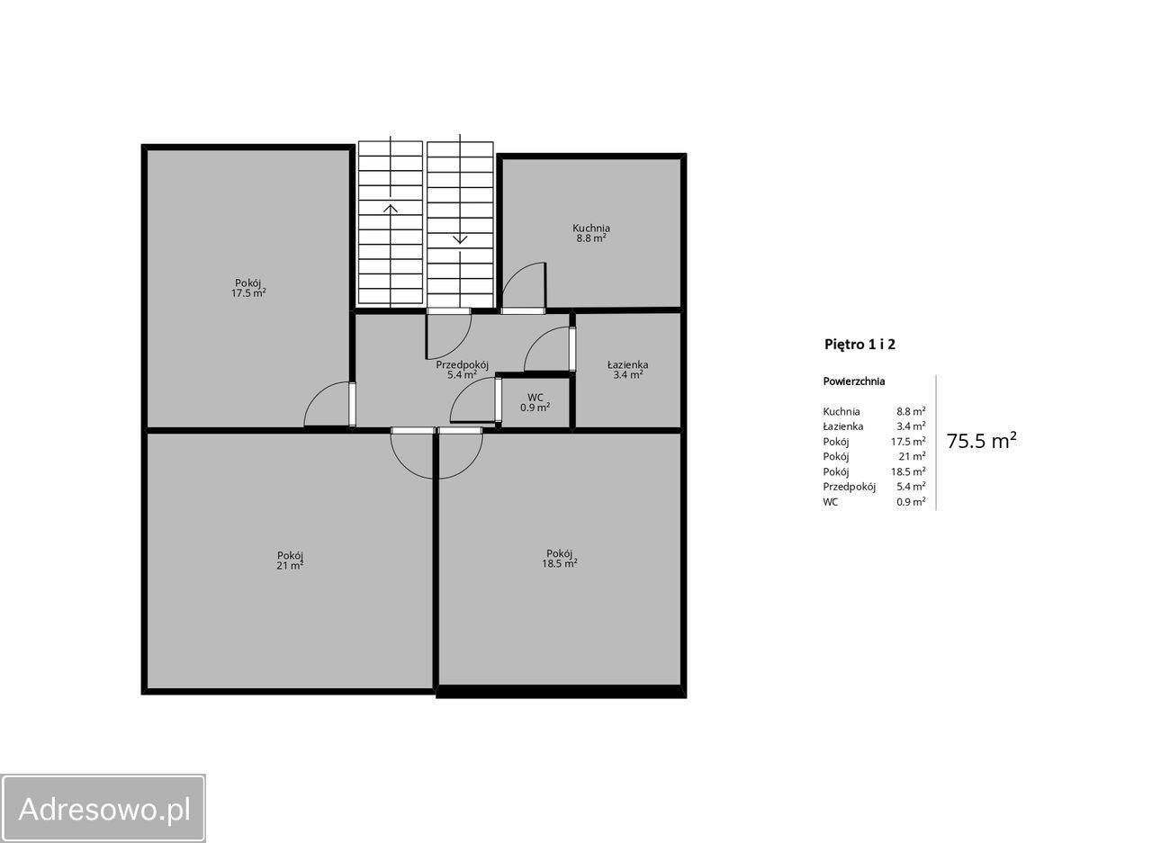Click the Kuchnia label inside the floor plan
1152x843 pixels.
(x=591, y=233)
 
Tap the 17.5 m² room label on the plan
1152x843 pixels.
(x=248, y=288)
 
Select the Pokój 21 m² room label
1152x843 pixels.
(x=290, y=561)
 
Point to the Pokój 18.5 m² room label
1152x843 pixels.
(x=560, y=558)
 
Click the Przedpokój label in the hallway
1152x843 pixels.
(x=462, y=370)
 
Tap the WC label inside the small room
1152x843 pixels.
(x=535, y=402)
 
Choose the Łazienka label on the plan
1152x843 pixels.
(x=627, y=370)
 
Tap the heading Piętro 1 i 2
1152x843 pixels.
(x=859, y=345)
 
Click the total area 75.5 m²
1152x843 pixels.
(x=981, y=441)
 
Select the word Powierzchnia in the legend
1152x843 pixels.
(x=854, y=381)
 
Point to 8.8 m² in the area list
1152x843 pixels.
(x=912, y=411)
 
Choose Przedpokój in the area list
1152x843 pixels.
(x=849, y=487)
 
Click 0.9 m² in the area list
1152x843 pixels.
(x=912, y=502)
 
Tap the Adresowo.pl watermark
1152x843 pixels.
(x=104, y=809)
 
